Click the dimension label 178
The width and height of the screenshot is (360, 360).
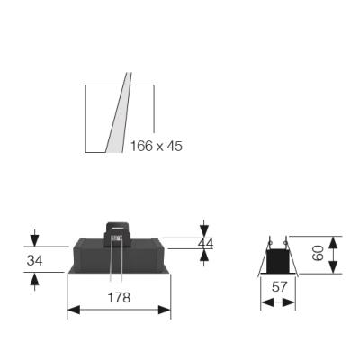119,297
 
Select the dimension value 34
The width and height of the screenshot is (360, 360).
34,260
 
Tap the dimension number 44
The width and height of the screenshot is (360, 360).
205,244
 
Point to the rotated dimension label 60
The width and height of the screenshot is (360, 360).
319,253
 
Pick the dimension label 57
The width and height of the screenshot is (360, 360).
279,287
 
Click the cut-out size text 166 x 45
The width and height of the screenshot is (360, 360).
156,146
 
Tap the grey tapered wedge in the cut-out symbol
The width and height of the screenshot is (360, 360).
119,112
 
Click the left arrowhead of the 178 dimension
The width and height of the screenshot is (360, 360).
74,310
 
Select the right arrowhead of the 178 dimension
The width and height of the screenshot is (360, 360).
165,310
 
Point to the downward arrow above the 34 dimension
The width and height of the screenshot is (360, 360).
35,238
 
